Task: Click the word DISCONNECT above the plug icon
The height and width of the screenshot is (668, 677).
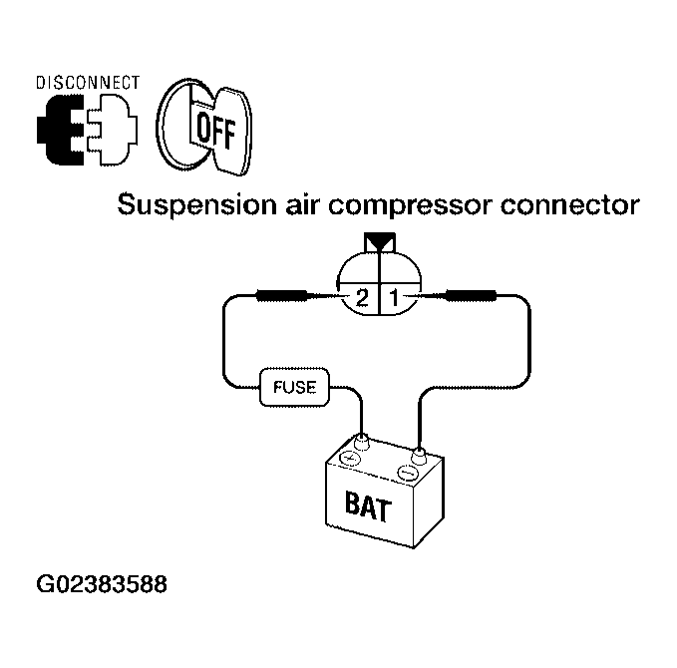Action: point(88,83)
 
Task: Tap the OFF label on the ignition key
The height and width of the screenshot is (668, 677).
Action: point(216,131)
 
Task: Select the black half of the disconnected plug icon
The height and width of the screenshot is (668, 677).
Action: point(61,130)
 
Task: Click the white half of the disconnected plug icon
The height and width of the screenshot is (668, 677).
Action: point(113,130)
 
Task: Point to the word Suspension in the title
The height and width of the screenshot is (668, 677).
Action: point(196,205)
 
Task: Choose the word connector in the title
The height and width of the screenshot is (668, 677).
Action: point(570,205)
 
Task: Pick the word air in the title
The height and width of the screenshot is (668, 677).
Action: point(300,204)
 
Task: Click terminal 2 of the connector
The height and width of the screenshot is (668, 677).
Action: point(361,297)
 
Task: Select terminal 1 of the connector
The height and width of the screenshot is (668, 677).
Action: point(394,297)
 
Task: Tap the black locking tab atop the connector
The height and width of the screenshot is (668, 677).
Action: point(380,240)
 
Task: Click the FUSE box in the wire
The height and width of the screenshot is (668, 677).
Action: point(294,387)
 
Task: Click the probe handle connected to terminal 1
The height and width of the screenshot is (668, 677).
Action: point(471,296)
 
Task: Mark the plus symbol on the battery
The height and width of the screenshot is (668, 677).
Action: point(351,458)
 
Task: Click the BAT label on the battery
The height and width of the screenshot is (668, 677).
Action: point(368,505)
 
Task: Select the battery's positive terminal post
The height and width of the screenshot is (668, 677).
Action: point(361,442)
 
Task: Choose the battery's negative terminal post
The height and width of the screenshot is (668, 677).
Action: point(419,456)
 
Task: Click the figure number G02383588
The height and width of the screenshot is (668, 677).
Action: point(102,584)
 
